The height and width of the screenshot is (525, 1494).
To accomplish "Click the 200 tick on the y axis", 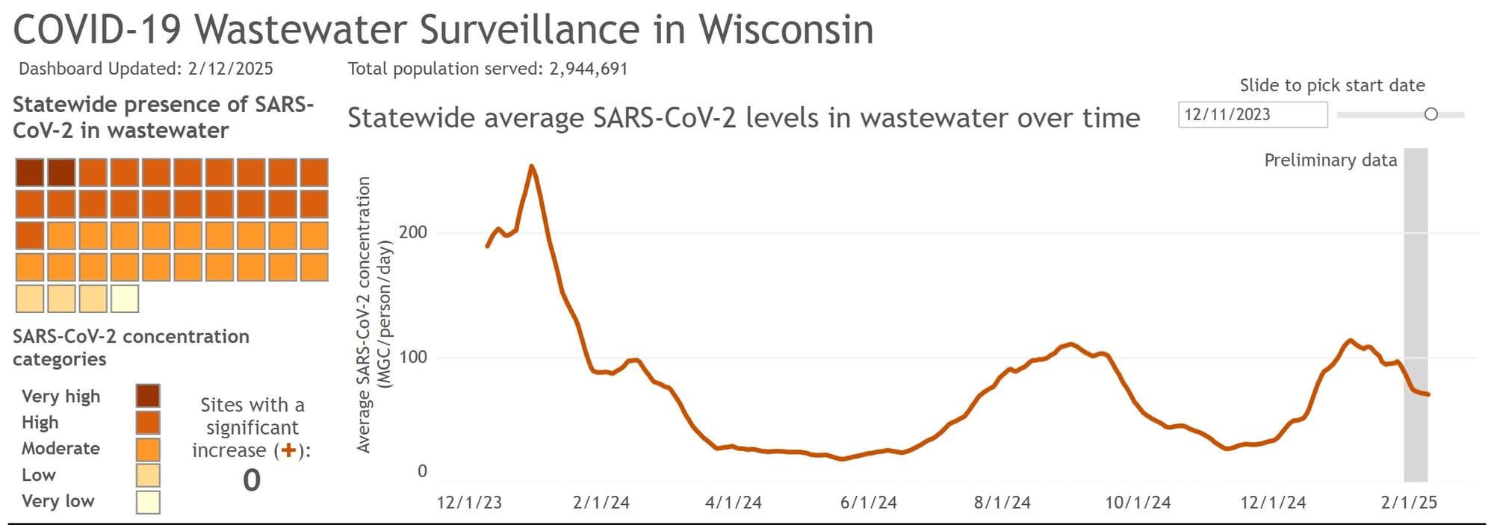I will coord(413,232).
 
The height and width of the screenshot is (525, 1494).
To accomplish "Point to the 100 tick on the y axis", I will coord(413,357).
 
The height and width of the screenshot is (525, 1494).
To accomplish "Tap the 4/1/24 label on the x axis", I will coord(733,503).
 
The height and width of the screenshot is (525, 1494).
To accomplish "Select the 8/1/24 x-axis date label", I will coord(1002,503).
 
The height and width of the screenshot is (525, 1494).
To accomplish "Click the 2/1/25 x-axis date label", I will coord(1408,503).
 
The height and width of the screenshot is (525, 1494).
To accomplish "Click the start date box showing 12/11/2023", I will coord(1252,115).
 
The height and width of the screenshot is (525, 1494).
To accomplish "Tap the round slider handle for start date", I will coord(1431,114).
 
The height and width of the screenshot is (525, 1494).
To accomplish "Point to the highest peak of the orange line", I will coord(531,167).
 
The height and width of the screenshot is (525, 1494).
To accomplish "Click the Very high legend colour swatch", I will coord(148,396).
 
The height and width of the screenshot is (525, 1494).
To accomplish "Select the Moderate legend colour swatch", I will coord(148,449).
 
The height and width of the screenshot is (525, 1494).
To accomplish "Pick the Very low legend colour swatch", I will coord(148,502).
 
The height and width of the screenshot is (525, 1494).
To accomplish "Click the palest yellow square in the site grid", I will coord(125,299).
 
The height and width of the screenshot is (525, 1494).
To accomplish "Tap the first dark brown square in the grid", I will coord(30,173).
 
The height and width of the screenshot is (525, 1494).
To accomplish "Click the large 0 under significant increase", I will coord(252,480).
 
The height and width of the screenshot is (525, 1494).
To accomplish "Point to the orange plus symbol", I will coord(288,450).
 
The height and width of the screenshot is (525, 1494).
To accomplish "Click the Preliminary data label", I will coord(1330,161).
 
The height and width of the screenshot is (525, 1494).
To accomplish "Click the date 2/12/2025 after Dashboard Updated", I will coord(230,69).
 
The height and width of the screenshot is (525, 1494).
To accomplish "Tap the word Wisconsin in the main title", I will coord(785,30).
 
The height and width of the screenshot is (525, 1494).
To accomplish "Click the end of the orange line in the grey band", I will coord(1428,394).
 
